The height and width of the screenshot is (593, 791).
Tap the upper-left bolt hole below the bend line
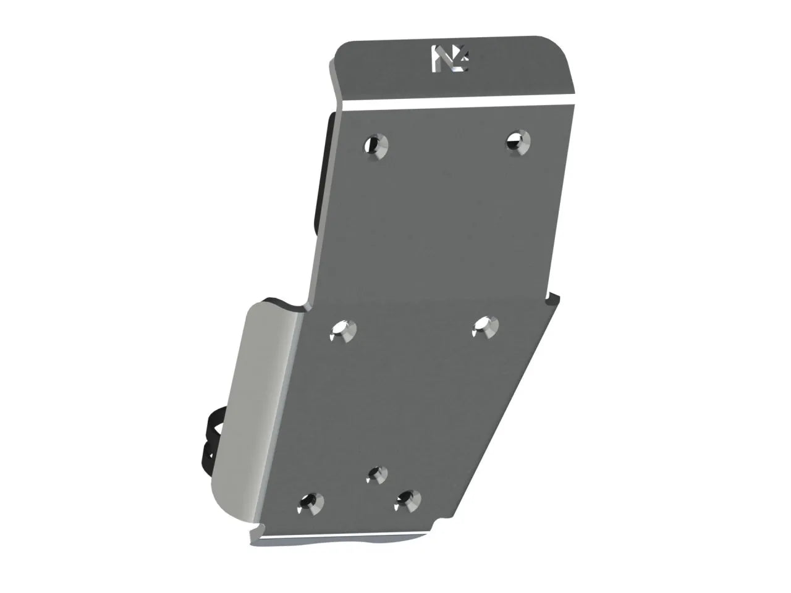(376, 146)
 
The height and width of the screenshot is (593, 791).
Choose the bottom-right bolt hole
(407, 499)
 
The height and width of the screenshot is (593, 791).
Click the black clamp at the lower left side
(210, 432)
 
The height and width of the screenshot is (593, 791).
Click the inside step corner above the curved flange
(307, 307)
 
